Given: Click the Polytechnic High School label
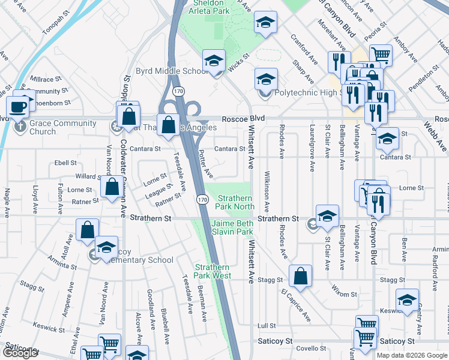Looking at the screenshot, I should click(x=307, y=92).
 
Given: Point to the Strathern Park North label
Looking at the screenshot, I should click(x=236, y=202).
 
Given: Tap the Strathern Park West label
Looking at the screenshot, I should click(x=212, y=271).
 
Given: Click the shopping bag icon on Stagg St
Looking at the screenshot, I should click(x=300, y=277).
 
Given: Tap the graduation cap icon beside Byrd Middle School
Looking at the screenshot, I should click(x=212, y=61).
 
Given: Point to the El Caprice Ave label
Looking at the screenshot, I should click(x=295, y=304).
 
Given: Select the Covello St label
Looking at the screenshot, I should click(x=310, y=349).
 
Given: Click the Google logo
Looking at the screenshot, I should click(x=20, y=353).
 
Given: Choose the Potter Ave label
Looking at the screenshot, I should click(x=206, y=164).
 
